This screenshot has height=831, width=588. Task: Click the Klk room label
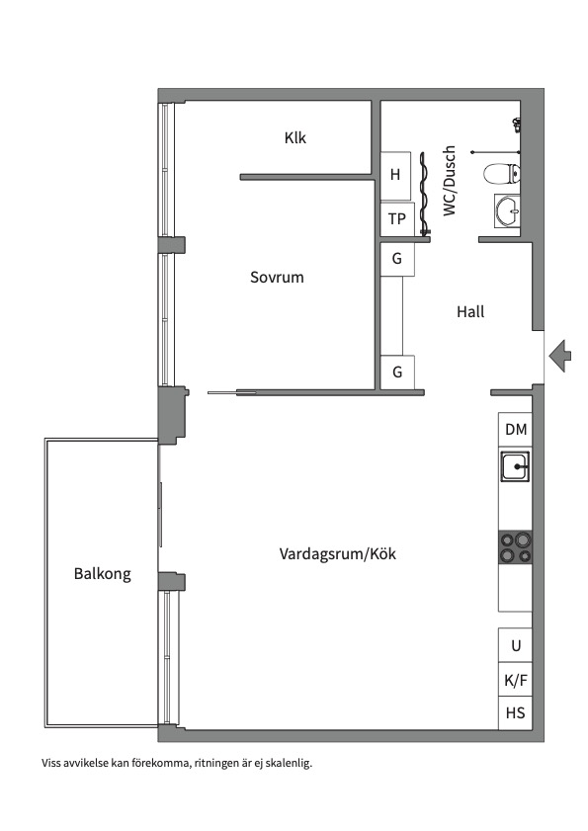[x=294, y=137]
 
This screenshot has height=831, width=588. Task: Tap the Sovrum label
[x=277, y=278]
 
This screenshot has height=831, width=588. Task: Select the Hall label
[x=470, y=311]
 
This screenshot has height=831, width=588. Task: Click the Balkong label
[x=102, y=574]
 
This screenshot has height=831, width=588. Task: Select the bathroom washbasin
[x=507, y=209]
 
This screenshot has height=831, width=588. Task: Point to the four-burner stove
[x=515, y=547]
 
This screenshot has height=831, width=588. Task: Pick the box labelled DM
[x=515, y=429]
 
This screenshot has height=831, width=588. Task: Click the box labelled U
[x=515, y=645]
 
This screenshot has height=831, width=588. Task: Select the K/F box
[x=515, y=680]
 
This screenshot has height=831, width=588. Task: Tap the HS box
[x=515, y=713]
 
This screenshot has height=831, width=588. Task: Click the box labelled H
[x=396, y=176]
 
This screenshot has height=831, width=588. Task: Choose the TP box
[x=396, y=219]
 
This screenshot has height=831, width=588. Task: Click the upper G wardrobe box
[x=397, y=260]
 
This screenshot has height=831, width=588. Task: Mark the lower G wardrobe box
[x=397, y=373]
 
